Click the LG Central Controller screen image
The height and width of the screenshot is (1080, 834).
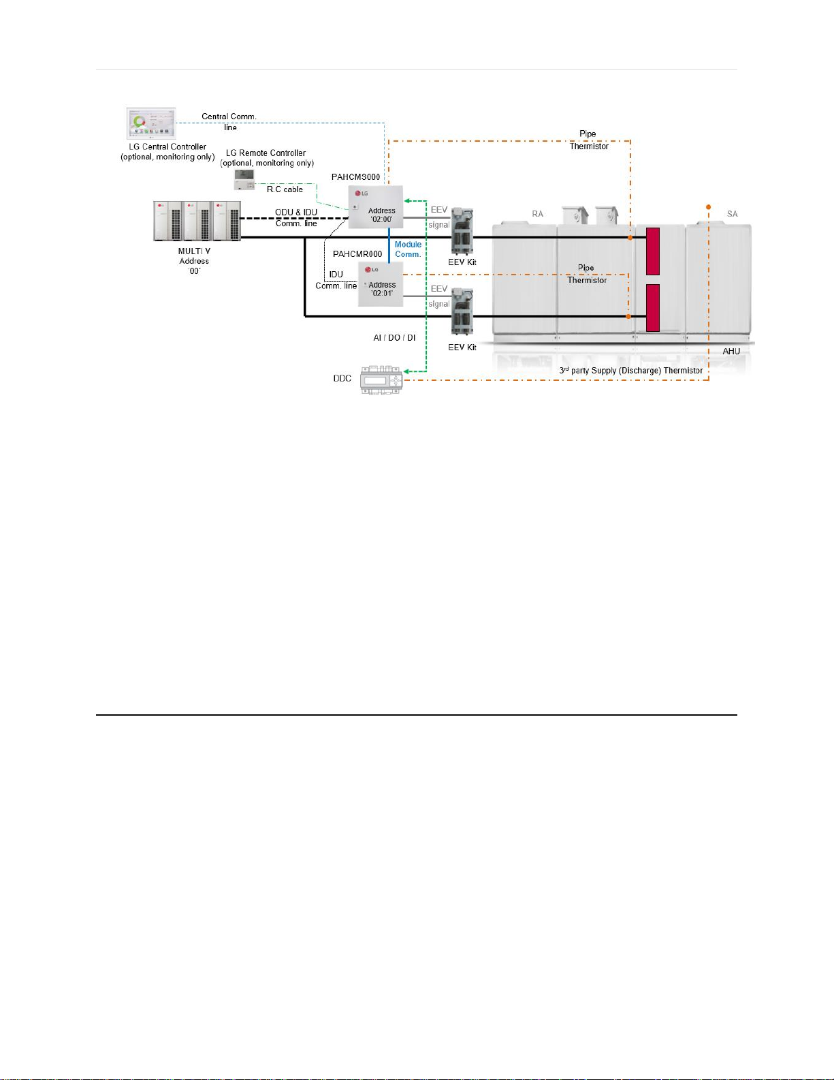[151, 123]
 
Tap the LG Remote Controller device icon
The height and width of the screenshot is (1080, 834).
[244, 179]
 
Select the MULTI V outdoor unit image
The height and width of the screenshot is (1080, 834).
[197, 221]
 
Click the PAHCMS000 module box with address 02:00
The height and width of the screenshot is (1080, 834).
[375, 207]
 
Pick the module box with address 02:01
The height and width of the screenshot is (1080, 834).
[381, 284]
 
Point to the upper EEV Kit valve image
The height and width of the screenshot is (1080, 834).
[462, 230]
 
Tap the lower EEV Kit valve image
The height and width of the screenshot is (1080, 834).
[462, 313]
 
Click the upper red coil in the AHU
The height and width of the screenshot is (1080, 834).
[652, 251]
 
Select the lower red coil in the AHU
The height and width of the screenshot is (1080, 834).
[652, 307]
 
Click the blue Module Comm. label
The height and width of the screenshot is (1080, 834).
[408, 249]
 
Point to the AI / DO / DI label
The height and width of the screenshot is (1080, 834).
[394, 338]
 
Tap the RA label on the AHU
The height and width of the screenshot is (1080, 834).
[538, 214]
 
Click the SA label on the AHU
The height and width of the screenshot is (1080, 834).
[732, 214]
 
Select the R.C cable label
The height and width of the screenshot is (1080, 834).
[285, 189]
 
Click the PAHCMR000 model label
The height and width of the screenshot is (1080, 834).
[357, 254]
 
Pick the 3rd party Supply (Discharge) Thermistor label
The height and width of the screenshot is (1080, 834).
[631, 371]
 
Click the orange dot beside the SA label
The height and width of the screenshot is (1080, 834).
[709, 206]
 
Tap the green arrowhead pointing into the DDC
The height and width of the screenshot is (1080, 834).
[406, 372]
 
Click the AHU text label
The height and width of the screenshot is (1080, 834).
[731, 352]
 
